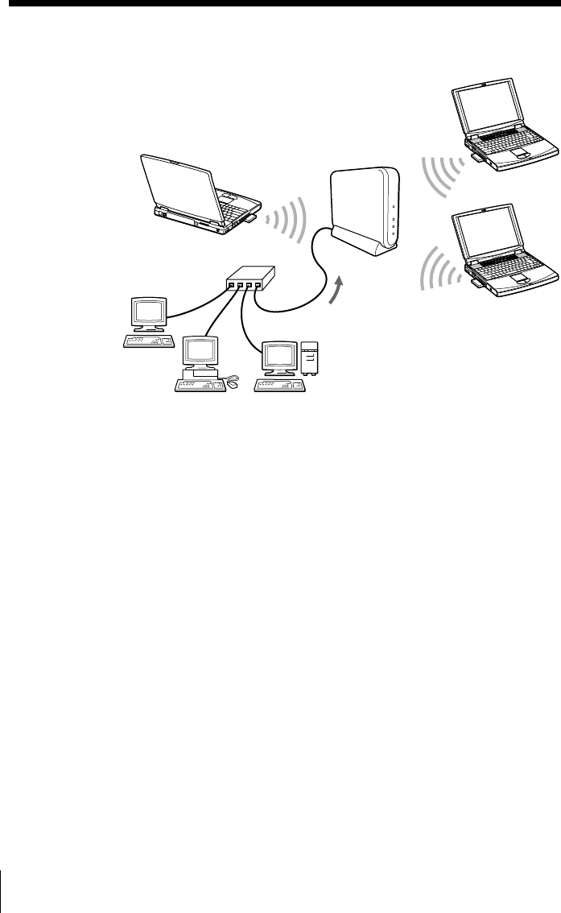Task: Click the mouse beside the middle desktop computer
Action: (x=233, y=384)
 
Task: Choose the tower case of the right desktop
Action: (x=309, y=359)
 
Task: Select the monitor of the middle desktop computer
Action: (x=201, y=351)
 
